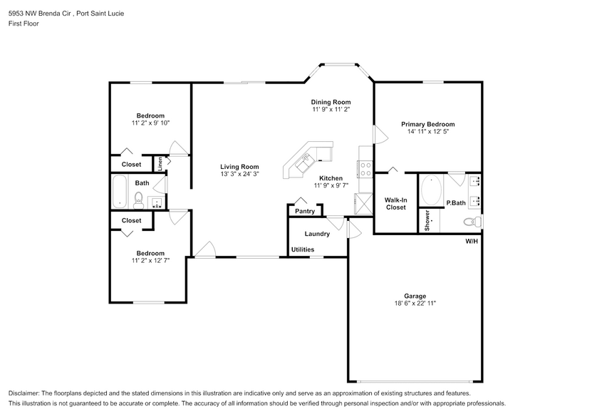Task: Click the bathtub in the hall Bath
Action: (120, 191)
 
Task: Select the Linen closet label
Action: (160, 163)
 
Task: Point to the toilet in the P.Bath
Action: (476, 223)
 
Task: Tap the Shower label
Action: (427, 219)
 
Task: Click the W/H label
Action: (472, 242)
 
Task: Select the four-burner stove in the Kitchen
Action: (365, 169)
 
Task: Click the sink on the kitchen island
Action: (307, 159)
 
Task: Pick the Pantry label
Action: (305, 211)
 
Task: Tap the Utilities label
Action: (302, 249)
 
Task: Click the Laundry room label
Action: (316, 234)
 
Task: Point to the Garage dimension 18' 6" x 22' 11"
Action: (415, 303)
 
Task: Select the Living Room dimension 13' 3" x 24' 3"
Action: (239, 174)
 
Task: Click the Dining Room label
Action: (331, 102)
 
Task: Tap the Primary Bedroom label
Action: (427, 124)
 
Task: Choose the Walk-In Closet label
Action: (395, 203)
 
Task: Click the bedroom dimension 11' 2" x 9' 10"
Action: (150, 123)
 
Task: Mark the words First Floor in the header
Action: (24, 24)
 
